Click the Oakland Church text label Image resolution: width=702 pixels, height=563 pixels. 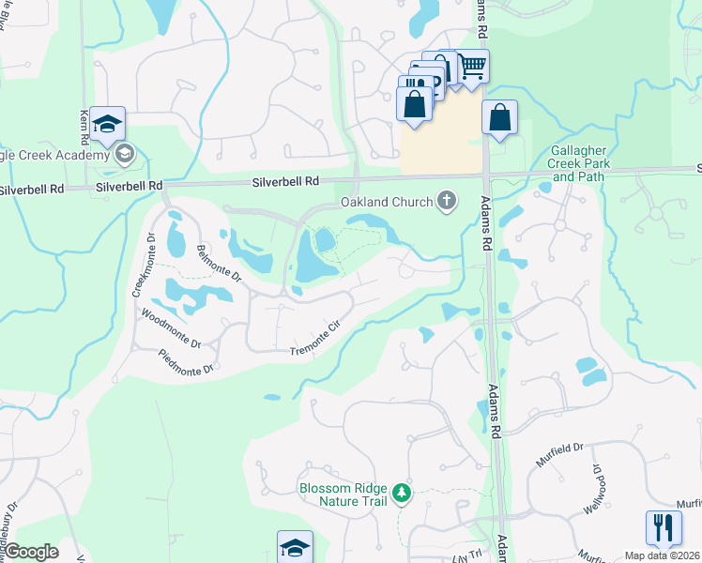pos(386,202)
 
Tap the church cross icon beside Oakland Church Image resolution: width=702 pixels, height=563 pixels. pos(447,200)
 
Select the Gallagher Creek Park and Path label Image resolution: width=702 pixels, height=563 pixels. pos(580,163)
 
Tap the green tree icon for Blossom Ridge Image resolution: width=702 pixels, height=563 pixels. pos(402,492)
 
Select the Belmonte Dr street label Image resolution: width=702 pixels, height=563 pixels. pos(219,266)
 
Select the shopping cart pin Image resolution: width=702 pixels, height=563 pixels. pos(472,66)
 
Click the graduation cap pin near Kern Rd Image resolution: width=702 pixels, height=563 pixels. pos(107,123)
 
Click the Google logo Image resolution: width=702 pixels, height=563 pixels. pos(31,552)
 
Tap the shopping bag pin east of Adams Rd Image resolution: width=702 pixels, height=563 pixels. pos(499,118)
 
